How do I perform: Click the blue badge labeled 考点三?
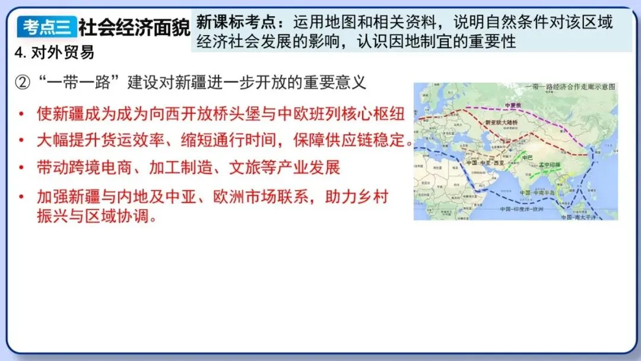(47, 27)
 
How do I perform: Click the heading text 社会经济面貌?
(134, 27)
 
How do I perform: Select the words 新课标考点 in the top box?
(231, 23)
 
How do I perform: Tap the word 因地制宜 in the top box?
(426, 42)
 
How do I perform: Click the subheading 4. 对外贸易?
(54, 52)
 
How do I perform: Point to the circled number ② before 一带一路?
(22, 82)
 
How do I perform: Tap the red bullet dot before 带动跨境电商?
(22, 167)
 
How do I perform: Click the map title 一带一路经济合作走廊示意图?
(570, 87)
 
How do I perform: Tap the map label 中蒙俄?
(512, 105)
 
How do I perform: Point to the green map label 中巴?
(528, 157)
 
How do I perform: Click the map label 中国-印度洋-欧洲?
(527, 208)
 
